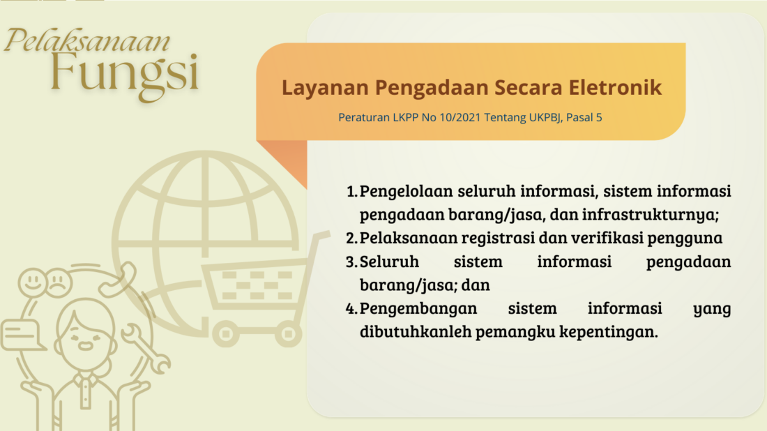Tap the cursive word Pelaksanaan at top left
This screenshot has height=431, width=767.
click(88, 40)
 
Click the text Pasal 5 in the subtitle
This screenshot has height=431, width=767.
click(584, 117)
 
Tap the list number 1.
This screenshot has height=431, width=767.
click(351, 191)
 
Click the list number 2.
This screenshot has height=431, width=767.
click(351, 239)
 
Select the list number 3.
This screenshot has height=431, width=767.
click(351, 262)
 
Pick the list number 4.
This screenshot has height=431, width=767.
click(351, 309)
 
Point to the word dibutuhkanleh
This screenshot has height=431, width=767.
click(416, 332)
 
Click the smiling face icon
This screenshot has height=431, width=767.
click(33, 282)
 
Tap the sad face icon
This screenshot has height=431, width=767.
click(58, 282)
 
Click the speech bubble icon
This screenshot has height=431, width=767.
click(22, 335)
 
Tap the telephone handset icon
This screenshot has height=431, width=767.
click(117, 280)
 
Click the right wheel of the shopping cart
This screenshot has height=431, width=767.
click(287, 334)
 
